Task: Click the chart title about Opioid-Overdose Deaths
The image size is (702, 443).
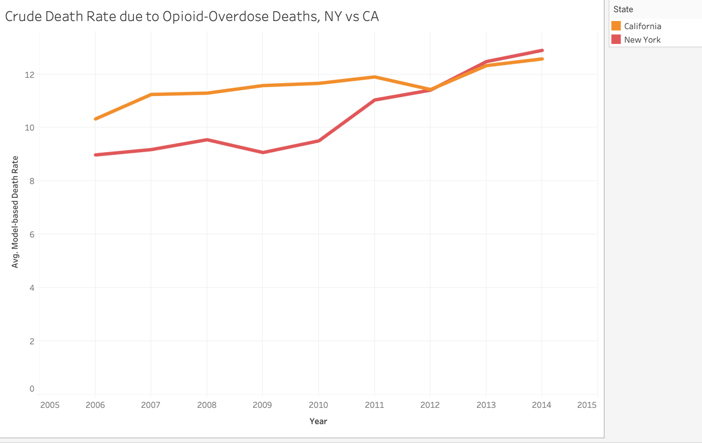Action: (192, 17)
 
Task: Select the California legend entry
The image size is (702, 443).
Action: (642, 26)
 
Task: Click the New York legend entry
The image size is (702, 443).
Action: (642, 40)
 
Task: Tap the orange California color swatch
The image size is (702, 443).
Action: (616, 26)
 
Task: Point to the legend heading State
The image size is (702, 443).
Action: (623, 9)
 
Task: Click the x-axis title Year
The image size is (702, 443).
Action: (318, 421)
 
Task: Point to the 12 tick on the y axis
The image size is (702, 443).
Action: (29, 75)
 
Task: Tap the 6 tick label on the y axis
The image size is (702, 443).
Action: (32, 235)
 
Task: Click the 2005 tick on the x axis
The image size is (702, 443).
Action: (50, 404)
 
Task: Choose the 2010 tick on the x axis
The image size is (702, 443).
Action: (318, 404)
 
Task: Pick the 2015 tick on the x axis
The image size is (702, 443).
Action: (586, 404)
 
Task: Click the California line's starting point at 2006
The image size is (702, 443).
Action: (95, 119)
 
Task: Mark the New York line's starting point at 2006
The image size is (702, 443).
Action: (95, 155)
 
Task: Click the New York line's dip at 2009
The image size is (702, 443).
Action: (263, 152)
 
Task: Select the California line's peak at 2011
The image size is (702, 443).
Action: (374, 77)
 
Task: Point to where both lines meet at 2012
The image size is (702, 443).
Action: (431, 90)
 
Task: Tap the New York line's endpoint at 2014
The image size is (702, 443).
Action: (542, 50)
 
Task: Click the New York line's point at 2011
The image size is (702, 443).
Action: (374, 100)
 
